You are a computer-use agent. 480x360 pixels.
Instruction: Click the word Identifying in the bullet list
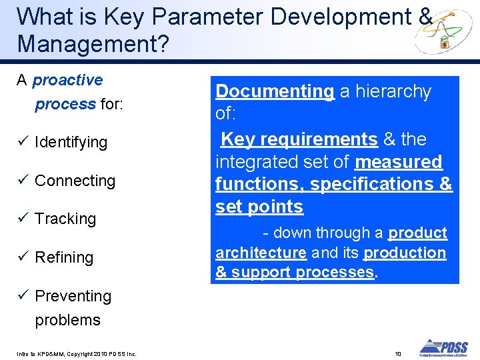pyautogui.click(x=71, y=142)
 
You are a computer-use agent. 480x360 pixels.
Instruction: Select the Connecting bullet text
pyautogui.click(x=75, y=181)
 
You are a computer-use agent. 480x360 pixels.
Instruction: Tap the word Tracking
pyautogui.click(x=65, y=219)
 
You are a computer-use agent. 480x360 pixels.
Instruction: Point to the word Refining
pyautogui.click(x=64, y=257)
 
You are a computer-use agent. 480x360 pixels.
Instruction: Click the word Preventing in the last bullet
pyautogui.click(x=73, y=296)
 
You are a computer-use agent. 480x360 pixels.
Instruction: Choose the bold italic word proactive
pyautogui.click(x=67, y=80)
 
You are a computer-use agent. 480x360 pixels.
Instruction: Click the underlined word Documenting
pyautogui.click(x=275, y=91)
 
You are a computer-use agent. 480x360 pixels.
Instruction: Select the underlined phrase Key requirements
pyautogui.click(x=299, y=139)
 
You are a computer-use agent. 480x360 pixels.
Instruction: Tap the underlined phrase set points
pyautogui.click(x=259, y=207)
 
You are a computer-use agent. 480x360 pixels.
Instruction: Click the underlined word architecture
pyautogui.click(x=261, y=253)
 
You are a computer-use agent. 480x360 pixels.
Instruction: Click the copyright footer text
pyautogui.click(x=77, y=354)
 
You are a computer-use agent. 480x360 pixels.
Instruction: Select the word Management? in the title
pyautogui.click(x=93, y=43)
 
